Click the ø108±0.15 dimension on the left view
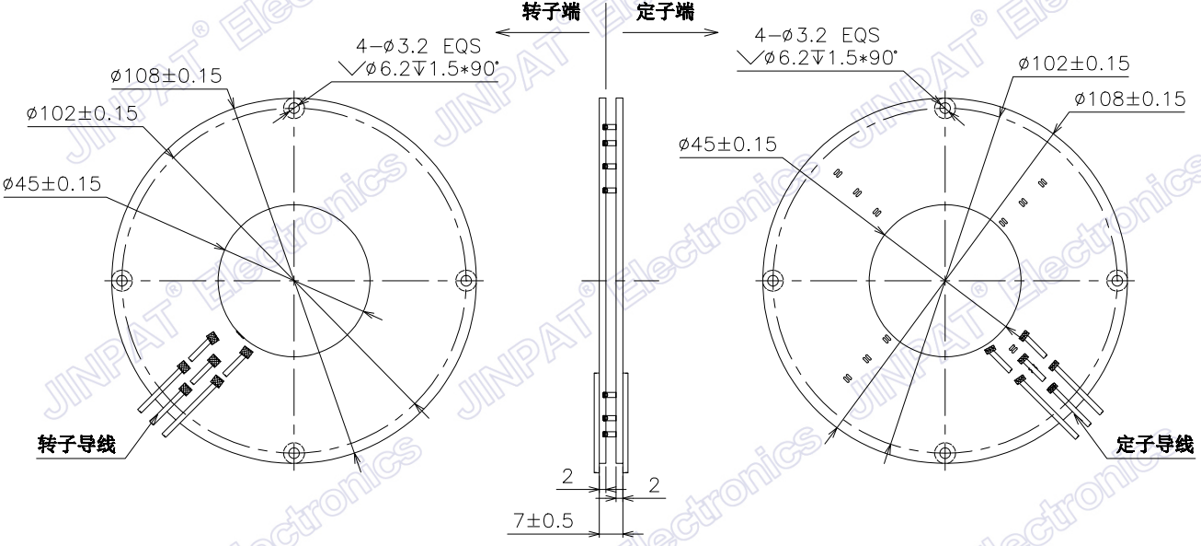[x=166, y=76]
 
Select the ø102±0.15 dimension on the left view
[x=83, y=113]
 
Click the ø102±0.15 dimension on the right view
[x=1073, y=63]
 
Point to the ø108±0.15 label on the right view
[x=1130, y=99]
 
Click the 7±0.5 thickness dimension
[x=543, y=521]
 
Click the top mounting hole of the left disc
[x=294, y=108]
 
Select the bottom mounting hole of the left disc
[x=294, y=452]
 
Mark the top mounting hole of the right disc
[x=945, y=108]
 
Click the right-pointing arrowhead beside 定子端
[x=712, y=33]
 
